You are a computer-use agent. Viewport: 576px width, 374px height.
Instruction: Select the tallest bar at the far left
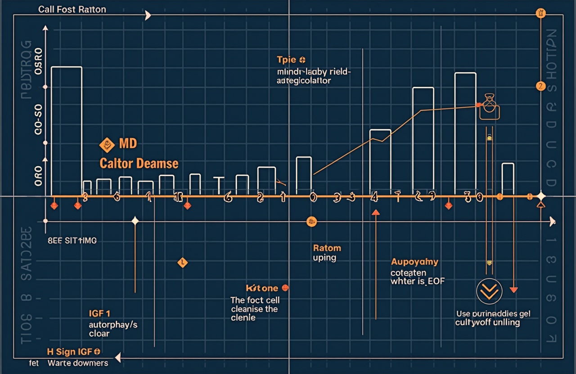[67, 130]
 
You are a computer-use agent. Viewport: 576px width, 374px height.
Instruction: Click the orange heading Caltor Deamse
[139, 163]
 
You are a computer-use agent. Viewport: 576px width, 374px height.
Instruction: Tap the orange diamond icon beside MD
[107, 144]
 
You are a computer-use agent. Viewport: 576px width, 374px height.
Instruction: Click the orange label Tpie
[287, 60]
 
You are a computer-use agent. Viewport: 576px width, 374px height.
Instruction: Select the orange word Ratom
[327, 248]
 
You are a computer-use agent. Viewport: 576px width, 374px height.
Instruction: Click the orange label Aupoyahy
[414, 262]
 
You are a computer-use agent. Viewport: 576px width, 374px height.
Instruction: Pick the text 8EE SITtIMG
[72, 241]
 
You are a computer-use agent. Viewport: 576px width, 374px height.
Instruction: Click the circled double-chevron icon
[489, 292]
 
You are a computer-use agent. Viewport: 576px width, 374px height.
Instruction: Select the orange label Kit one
[262, 288]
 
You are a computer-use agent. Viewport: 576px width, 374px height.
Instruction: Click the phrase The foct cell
[255, 300]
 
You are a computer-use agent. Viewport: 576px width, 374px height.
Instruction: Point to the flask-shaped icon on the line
[489, 107]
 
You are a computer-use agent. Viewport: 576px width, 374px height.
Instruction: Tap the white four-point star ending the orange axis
[541, 196]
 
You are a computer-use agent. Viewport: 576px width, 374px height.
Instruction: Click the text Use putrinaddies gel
[493, 314]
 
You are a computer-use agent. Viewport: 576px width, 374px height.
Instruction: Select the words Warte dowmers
[78, 363]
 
